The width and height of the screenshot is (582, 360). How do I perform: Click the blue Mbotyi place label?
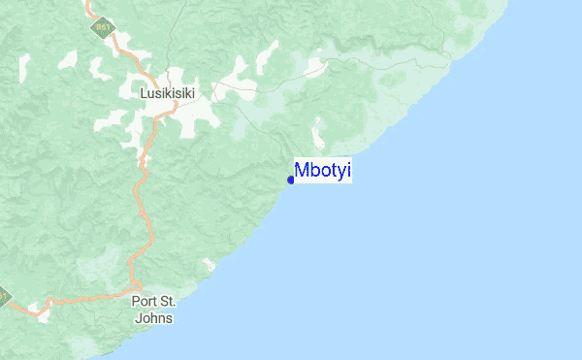coord(323,172)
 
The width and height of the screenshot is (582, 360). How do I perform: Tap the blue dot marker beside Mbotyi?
coord(291,180)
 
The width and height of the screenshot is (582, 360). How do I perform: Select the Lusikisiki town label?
coord(168,93)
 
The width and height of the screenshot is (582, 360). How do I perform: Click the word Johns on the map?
coord(152,316)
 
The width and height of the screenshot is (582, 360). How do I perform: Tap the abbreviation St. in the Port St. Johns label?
coord(169,302)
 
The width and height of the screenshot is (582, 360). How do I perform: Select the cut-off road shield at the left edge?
coord(4,296)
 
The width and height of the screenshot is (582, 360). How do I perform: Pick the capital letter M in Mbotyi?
coord(302,172)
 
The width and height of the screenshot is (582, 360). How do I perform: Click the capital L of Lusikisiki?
coord(144,93)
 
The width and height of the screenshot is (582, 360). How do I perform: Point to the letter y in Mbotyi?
coord(340,174)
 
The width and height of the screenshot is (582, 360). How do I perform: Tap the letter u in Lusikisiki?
coord(150,94)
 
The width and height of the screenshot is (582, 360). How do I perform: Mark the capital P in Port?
coord(135,302)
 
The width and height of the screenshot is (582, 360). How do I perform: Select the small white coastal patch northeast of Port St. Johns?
coord(209,264)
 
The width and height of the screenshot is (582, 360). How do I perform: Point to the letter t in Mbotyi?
coord(333,172)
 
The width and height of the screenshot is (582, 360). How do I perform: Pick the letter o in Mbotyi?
coord(323,173)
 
